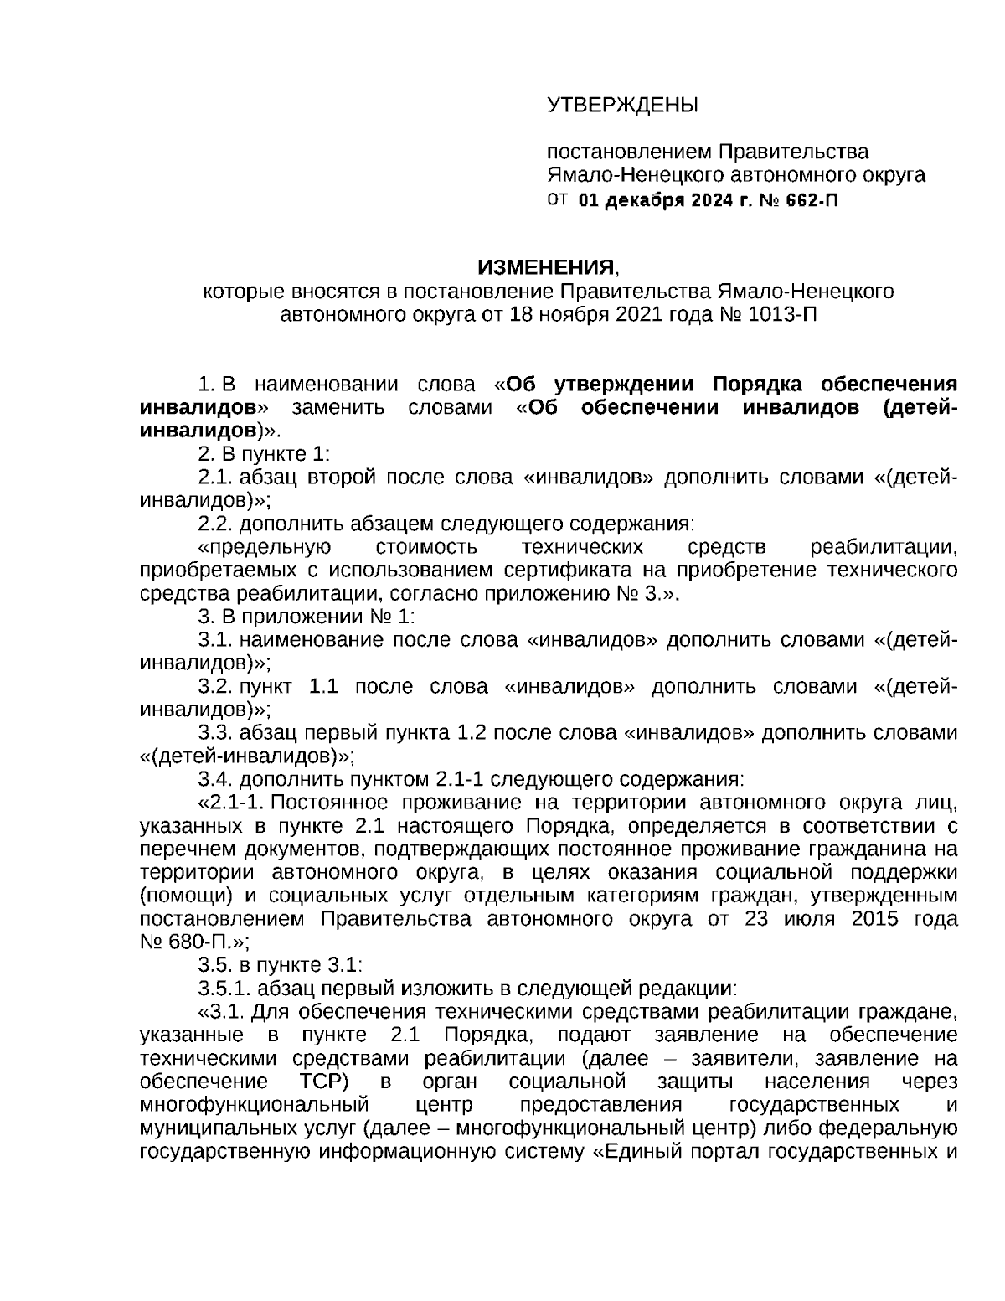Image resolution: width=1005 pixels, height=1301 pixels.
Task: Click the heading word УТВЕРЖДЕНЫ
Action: pyautogui.click(x=621, y=106)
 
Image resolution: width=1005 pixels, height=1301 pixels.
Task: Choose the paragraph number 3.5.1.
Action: pyautogui.click(x=224, y=987)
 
